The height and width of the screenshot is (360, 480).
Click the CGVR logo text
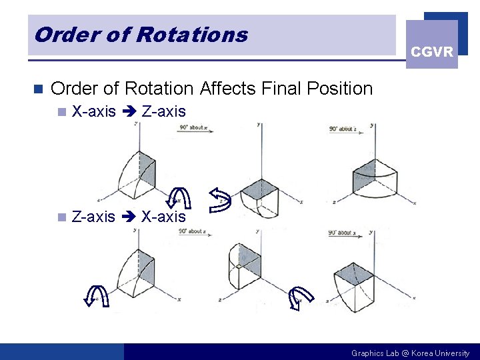tap(432, 52)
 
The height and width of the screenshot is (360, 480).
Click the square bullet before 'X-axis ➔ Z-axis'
tap(62, 112)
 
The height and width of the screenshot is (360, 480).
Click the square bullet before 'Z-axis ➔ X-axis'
tap(62, 217)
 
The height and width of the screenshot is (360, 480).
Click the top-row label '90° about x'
tap(193, 127)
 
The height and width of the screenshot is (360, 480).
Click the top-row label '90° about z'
tap(343, 129)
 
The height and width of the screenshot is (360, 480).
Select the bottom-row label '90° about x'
tap(342, 233)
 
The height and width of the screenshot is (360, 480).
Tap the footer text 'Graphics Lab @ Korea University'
tap(410, 353)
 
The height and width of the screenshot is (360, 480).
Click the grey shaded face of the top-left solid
tap(147, 167)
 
